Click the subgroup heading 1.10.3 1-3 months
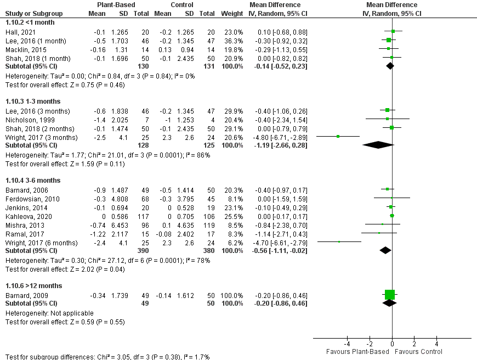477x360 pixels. (x=32, y=102)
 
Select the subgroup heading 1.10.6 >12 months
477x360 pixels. (x=33, y=286)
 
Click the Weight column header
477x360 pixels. (x=231, y=13)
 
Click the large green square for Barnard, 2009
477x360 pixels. (x=390, y=295)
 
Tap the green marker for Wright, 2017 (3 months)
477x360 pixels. (x=338, y=137)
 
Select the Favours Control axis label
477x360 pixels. (x=418, y=352)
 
